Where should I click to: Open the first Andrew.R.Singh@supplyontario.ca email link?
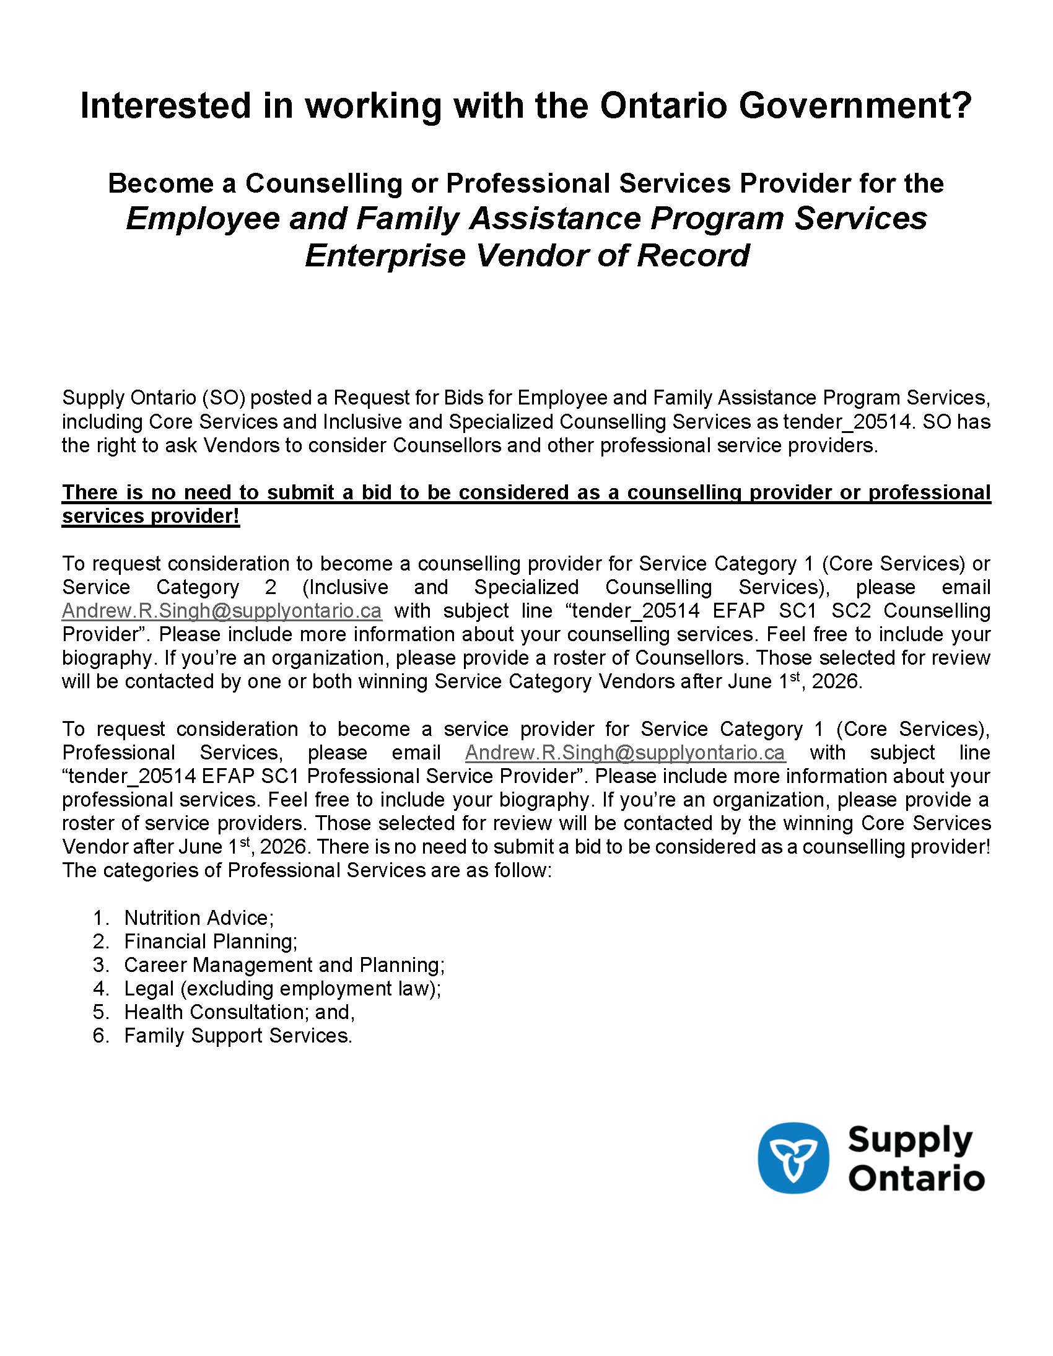pyautogui.click(x=222, y=611)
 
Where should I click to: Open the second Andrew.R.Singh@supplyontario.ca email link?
pyautogui.click(x=624, y=753)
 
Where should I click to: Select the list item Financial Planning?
pyautogui.click(x=211, y=941)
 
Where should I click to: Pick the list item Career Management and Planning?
pyautogui.click(x=284, y=965)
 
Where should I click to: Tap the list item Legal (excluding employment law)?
pyautogui.click(x=282, y=989)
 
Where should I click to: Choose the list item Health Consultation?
pyautogui.click(x=239, y=1012)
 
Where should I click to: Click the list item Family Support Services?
pyautogui.click(x=238, y=1036)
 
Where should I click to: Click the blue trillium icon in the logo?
pyautogui.click(x=793, y=1158)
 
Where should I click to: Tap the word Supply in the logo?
pyautogui.click(x=909, y=1140)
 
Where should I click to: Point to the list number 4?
pyautogui.click(x=100, y=989)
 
